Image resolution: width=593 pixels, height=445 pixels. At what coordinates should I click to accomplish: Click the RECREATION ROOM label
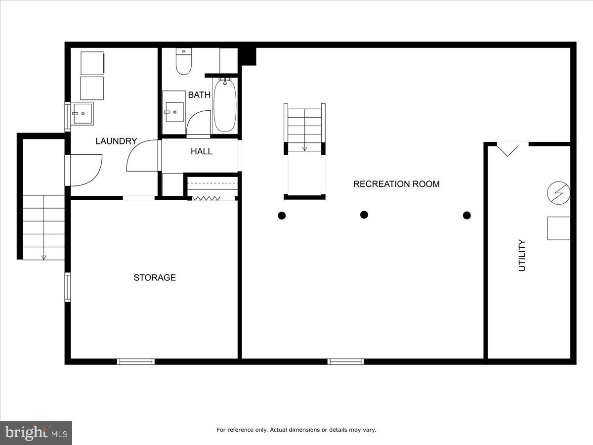point(396,184)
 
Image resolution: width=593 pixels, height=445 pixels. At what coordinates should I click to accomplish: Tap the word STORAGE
point(155,277)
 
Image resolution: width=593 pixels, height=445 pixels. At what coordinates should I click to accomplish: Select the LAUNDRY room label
point(116,141)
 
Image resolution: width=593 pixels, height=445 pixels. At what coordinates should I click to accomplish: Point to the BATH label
point(199,95)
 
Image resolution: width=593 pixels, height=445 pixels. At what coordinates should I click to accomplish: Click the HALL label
point(202,151)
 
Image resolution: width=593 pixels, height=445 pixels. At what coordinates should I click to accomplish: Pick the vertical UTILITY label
point(522,255)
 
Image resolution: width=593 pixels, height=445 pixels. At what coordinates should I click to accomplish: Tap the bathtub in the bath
point(225,105)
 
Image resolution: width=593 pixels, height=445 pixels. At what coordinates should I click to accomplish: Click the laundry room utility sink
point(82,114)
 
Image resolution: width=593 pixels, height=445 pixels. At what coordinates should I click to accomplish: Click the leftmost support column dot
point(282,215)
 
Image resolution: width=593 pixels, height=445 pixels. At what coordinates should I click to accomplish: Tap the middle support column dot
point(364,214)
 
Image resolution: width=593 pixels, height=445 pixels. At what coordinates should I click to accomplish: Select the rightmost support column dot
point(466,215)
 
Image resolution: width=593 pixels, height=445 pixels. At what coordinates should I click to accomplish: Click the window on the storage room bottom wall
point(136,361)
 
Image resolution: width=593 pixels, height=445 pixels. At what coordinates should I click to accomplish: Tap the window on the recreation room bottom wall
point(346,361)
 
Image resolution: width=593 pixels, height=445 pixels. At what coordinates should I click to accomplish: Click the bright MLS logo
point(36,433)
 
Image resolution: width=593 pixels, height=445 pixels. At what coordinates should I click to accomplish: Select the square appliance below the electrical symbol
point(558,228)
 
